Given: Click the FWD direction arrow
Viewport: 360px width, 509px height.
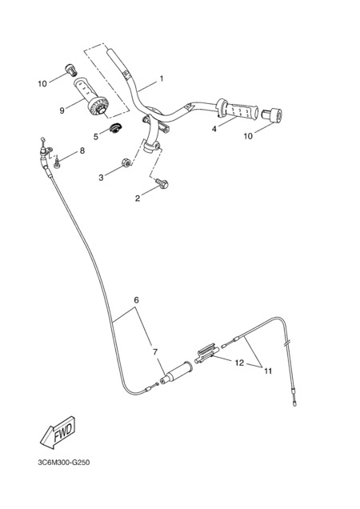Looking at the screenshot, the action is [x=58, y=432].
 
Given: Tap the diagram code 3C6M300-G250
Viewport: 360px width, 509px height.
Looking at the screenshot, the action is [x=64, y=463].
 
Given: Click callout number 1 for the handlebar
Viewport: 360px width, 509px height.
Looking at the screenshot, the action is [x=162, y=78].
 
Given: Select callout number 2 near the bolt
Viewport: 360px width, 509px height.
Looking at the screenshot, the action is [x=138, y=198].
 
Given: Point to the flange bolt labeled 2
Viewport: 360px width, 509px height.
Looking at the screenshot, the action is [x=162, y=183].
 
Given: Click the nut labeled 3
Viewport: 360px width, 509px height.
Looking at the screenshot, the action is [x=126, y=162].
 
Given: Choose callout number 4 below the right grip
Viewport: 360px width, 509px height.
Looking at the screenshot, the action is [x=214, y=129].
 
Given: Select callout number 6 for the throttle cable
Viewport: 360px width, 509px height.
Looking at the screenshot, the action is [x=136, y=300].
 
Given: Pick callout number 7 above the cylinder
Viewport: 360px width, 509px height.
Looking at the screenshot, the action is [x=155, y=352].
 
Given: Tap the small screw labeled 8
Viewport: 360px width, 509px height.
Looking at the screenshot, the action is [x=57, y=162].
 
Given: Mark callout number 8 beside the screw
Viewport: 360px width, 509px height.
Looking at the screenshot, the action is [x=82, y=150].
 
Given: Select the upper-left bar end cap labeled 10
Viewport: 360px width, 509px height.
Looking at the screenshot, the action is [x=71, y=69].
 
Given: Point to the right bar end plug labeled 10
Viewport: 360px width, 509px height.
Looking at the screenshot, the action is [x=272, y=116].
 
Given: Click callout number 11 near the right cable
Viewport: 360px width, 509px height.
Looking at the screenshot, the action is [x=268, y=371].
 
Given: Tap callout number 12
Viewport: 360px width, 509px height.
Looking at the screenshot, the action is [x=239, y=363].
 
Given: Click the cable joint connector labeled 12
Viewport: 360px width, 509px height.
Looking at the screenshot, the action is [x=206, y=354].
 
